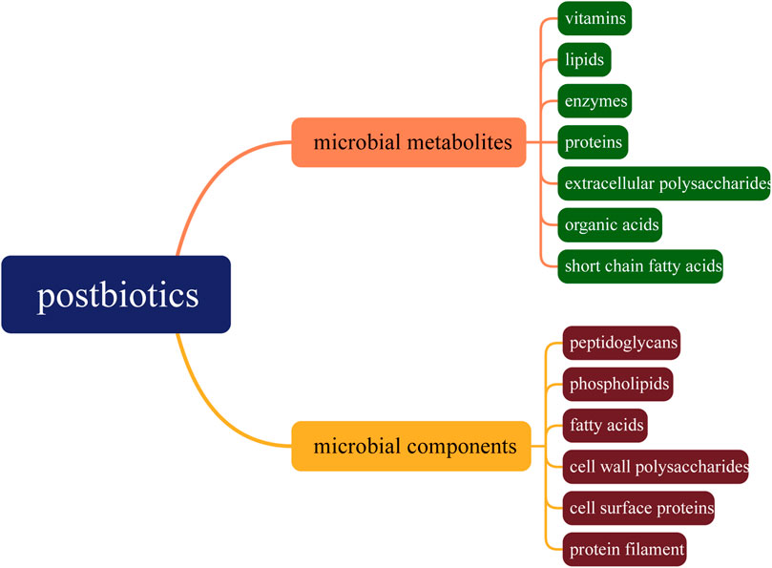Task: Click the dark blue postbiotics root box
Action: [116, 294]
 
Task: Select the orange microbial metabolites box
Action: [408, 142]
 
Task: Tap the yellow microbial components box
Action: [410, 446]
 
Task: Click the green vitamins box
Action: [595, 18]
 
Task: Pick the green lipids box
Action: [584, 59]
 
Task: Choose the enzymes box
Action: [595, 101]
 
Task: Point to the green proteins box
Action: [593, 142]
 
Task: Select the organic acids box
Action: [610, 225]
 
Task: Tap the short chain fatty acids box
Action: [640, 266]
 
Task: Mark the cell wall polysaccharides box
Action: [656, 467]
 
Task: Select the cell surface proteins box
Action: [638, 508]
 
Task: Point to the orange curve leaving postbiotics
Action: [204, 196]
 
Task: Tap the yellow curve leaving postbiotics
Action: [204, 396]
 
